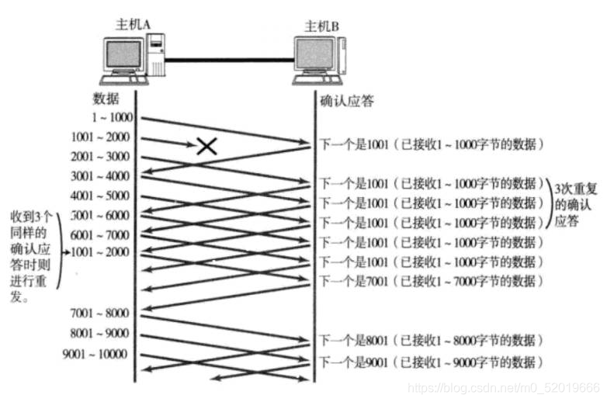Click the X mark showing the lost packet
pos(206,145)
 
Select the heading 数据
pos(106,99)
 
